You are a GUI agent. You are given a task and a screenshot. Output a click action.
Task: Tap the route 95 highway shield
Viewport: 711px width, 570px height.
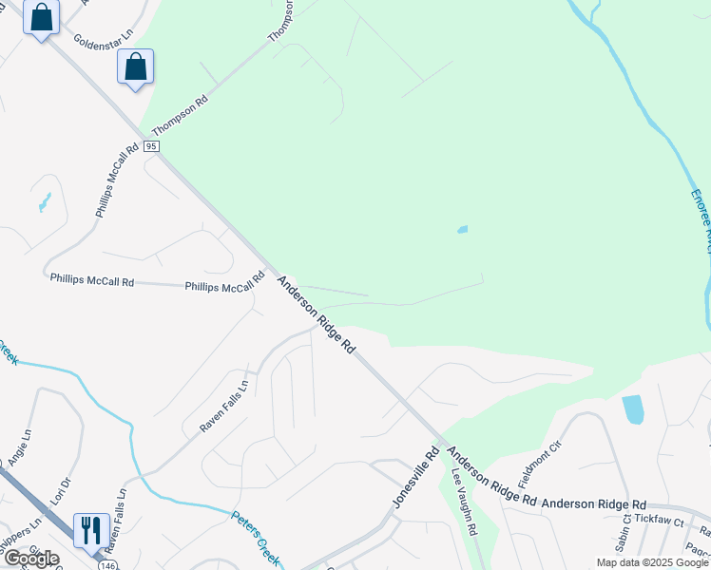pyautogui.click(x=152, y=146)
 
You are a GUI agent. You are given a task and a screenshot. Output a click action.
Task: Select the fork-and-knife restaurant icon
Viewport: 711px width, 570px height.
pyautogui.click(x=91, y=530)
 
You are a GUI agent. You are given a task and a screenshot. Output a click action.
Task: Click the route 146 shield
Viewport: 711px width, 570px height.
pyautogui.click(x=106, y=565)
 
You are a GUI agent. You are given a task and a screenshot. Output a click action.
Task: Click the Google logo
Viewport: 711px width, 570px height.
pyautogui.click(x=31, y=558)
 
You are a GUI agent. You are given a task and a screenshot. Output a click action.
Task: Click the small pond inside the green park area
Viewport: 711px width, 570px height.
pyautogui.click(x=462, y=229)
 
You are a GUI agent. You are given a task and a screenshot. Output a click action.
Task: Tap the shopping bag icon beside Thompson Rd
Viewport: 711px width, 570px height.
pyautogui.click(x=136, y=66)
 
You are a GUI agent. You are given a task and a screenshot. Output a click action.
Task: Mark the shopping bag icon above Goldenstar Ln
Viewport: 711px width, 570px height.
pyautogui.click(x=41, y=17)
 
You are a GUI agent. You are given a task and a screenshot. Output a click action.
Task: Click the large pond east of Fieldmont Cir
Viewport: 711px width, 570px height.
pyautogui.click(x=632, y=408)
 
